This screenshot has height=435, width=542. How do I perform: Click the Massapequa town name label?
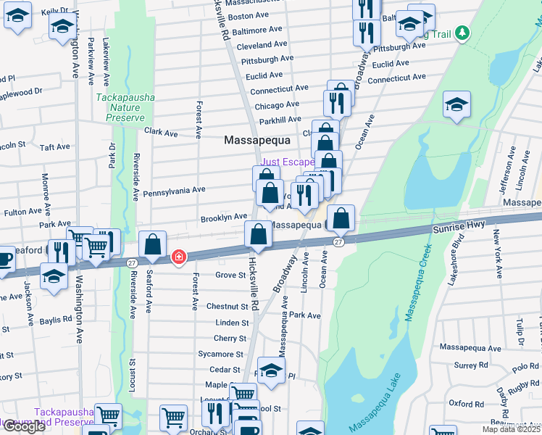257,139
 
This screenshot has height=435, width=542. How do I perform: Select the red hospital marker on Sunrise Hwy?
178,257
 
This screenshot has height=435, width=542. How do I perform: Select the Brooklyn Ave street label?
224,217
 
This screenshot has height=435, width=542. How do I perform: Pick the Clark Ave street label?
161,133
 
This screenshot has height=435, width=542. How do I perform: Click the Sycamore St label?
220,354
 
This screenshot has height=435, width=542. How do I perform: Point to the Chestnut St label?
228,307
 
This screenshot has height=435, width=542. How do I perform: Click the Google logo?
24,426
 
